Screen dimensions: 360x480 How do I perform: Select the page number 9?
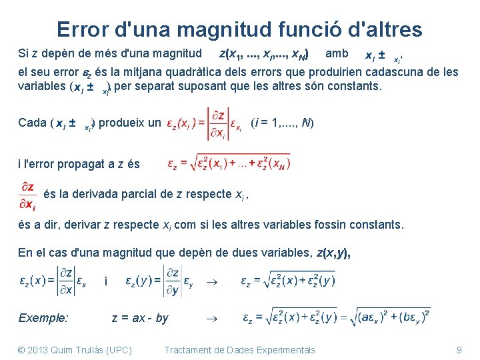click(459, 350)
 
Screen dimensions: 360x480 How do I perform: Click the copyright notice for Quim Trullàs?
click(75, 350)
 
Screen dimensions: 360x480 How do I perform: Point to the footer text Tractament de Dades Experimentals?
click(239, 350)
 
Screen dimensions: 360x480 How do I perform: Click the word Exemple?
click(43, 318)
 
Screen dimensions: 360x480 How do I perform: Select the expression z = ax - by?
click(140, 318)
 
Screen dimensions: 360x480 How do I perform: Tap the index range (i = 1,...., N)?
click(282, 123)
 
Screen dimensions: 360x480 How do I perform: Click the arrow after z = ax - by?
click(208, 319)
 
